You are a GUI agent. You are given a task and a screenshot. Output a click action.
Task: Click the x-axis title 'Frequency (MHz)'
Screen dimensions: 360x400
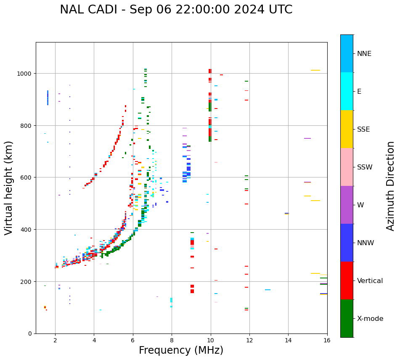coord(181,350)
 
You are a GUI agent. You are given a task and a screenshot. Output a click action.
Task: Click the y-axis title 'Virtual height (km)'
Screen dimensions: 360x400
coord(9,188)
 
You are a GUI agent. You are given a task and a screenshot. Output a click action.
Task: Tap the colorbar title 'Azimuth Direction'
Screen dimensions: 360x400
coord(391,186)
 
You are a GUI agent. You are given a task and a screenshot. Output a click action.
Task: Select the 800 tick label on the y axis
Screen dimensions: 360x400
coord(26,125)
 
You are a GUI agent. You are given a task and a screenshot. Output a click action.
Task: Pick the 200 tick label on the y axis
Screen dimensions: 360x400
coord(26,281)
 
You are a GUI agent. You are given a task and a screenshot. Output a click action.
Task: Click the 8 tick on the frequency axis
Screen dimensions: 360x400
coord(172,340)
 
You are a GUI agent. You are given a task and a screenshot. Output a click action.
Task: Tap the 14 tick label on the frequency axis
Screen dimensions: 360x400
coord(288,340)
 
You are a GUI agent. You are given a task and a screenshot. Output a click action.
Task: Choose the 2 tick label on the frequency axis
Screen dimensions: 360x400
coord(55,340)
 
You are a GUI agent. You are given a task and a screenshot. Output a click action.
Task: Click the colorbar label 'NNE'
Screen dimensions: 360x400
coord(364,54)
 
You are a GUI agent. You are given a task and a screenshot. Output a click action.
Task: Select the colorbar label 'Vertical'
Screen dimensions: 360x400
coord(370,281)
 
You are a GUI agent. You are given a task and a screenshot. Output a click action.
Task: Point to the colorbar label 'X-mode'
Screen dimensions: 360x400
coord(370,319)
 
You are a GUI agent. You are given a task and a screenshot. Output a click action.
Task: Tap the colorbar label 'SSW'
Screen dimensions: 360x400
coord(365,167)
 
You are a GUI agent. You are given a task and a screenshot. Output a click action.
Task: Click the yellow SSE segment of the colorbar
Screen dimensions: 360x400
coord(347,129)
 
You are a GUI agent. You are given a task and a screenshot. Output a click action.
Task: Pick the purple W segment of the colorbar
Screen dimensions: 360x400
coord(347,205)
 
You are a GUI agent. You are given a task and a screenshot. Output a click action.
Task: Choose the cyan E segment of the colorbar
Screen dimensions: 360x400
coord(347,91)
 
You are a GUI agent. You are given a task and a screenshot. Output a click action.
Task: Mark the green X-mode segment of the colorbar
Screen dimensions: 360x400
coord(347,318)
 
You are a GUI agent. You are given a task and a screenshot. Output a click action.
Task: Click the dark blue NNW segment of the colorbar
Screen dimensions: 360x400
coord(347,243)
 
